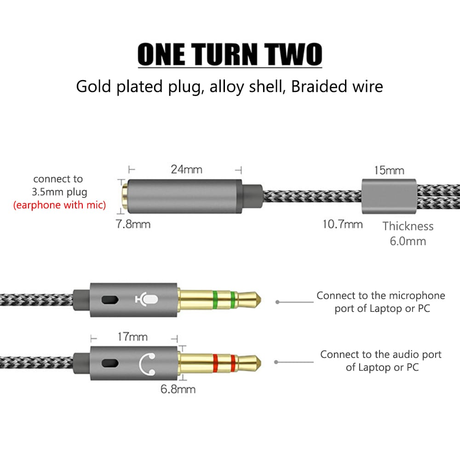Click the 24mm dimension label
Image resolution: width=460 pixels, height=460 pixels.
click(x=187, y=169)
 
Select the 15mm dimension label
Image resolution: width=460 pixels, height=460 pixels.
click(x=389, y=171)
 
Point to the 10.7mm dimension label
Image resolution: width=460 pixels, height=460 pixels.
click(x=342, y=224)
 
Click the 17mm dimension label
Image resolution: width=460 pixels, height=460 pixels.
click(x=132, y=337)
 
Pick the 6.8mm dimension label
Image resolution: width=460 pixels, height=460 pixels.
click(x=178, y=389)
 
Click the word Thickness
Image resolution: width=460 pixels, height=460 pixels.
click(x=408, y=226)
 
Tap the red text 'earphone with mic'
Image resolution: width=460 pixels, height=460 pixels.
click(x=59, y=205)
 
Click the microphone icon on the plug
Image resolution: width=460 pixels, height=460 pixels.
click(x=147, y=299)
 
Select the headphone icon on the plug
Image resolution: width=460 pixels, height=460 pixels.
click(x=147, y=362)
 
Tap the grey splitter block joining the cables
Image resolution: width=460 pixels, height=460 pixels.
click(x=388, y=197)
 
